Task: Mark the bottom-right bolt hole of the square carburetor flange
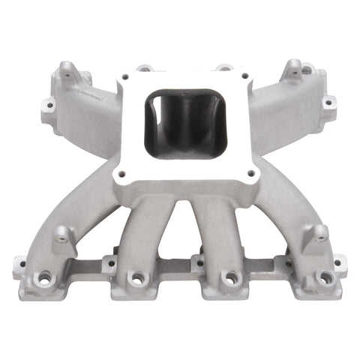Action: (x=250, y=172)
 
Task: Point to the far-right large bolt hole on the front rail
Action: (x=325, y=278)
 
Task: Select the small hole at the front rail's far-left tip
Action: (x=20, y=263)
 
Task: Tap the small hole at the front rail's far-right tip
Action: (x=340, y=263)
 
